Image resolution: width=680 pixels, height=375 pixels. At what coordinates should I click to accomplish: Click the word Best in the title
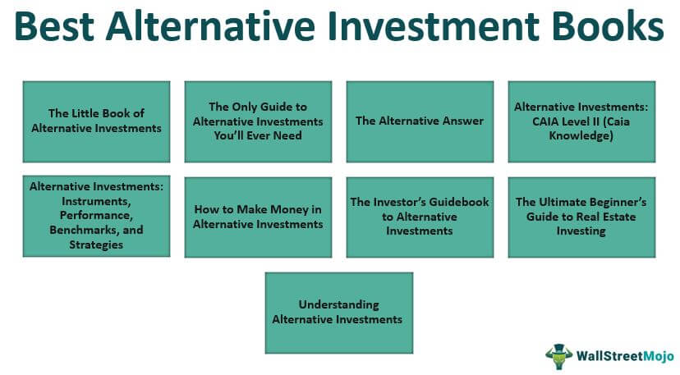point(54,26)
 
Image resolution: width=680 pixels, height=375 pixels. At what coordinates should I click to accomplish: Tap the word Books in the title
point(608,26)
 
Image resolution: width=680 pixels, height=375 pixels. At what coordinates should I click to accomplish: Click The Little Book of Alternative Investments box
point(96,121)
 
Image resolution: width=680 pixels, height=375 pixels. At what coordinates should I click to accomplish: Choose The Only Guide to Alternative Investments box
point(258,121)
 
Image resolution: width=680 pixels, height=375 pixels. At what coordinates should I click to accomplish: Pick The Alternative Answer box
point(420,121)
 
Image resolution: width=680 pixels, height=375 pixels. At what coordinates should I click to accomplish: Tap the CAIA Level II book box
point(581,121)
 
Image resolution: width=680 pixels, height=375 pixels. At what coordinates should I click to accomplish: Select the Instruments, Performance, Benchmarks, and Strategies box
point(96,216)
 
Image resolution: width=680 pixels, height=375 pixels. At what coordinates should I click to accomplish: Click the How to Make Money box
point(258,217)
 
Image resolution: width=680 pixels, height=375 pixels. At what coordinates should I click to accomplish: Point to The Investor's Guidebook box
point(420,217)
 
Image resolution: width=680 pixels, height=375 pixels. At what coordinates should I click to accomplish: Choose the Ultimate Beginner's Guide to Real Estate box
point(581,217)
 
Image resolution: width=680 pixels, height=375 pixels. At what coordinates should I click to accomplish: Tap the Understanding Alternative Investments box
point(339,313)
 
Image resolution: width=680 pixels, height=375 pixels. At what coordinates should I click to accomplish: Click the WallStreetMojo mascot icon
point(559,356)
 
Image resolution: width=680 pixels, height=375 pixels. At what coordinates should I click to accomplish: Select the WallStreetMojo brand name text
point(625,356)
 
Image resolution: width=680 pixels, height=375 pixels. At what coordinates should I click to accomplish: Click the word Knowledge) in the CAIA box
point(581,136)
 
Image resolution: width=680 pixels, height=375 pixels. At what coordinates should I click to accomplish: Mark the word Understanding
point(338,305)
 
